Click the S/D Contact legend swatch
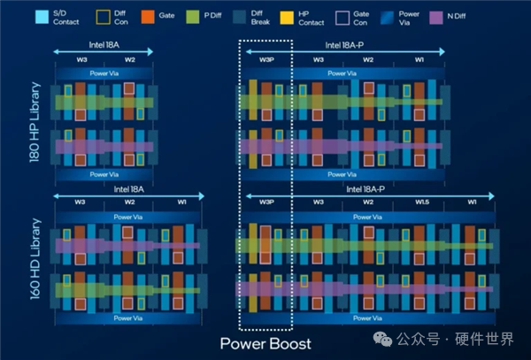point(42,17)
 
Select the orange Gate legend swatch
point(148,17)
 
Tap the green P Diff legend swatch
point(193,17)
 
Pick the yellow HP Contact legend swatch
point(287,18)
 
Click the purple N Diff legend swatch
point(435,18)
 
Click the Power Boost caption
point(265,344)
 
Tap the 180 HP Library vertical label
point(35,122)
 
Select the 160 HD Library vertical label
point(35,259)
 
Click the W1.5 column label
point(422,202)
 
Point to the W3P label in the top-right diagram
point(267,60)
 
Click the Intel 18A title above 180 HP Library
point(104,45)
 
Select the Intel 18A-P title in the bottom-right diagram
point(366,189)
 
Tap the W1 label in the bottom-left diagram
point(181,202)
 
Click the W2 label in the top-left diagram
point(130,60)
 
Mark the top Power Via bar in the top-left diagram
point(104,73)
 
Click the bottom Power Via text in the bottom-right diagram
point(367,318)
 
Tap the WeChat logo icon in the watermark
point(382,340)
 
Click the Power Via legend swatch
point(387,18)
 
